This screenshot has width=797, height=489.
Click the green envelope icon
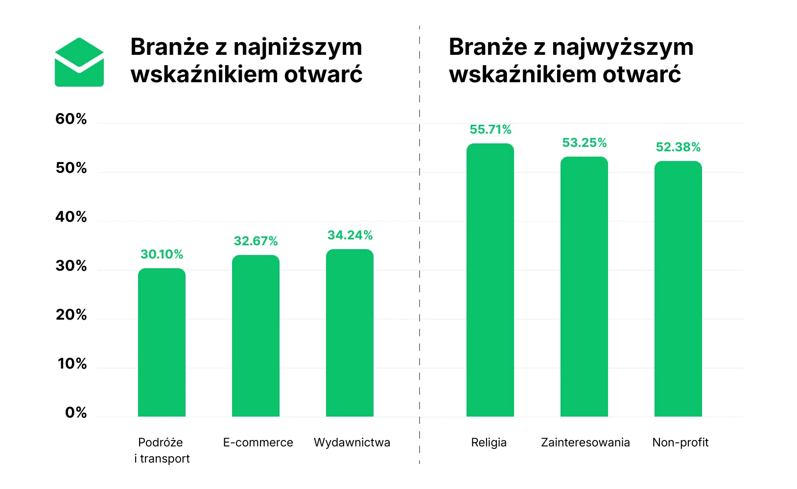pyautogui.click(x=79, y=63)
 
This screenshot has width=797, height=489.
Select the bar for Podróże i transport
pyautogui.click(x=162, y=343)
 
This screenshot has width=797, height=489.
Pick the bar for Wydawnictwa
pyautogui.click(x=350, y=333)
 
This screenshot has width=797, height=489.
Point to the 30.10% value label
pyautogui.click(x=162, y=255)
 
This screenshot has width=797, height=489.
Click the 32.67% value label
pyautogui.click(x=256, y=241)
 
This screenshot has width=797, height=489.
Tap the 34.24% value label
pyautogui.click(x=350, y=235)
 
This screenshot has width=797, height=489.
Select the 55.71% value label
pyautogui.click(x=490, y=130)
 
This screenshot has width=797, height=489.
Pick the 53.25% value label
pyautogui.click(x=584, y=143)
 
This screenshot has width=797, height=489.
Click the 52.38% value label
pyautogui.click(x=678, y=147)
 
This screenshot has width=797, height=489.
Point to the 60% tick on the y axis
pyautogui.click(x=71, y=119)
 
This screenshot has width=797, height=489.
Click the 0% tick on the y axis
pyautogui.click(x=76, y=413)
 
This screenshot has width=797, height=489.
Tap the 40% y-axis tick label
pyautogui.click(x=71, y=217)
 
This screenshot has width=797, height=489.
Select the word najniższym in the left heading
pyautogui.click(x=298, y=47)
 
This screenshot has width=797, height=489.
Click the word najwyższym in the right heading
pyautogui.click(x=622, y=47)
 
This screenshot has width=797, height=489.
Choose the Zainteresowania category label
pyautogui.click(x=585, y=442)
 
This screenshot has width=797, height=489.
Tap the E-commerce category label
pyautogui.click(x=258, y=442)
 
